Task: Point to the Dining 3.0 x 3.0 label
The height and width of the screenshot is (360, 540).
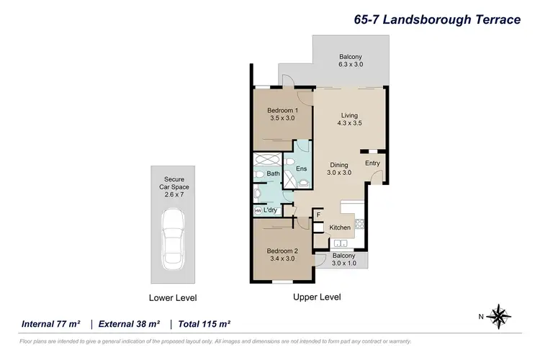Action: coord(339,168)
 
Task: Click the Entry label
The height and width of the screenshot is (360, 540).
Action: coord(372,163)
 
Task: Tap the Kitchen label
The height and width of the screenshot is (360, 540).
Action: coord(340,228)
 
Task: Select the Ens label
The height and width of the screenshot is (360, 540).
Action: coord(302,168)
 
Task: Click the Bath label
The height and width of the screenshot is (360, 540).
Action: coord(274,174)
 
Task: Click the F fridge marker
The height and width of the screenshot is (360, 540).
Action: coord(318,214)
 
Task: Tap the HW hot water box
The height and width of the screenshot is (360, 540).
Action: coord(258,210)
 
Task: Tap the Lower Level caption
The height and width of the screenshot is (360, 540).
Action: coord(173,297)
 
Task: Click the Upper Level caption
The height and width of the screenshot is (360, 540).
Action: coord(317,297)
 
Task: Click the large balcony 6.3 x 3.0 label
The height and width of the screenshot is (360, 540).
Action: coord(351,60)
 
